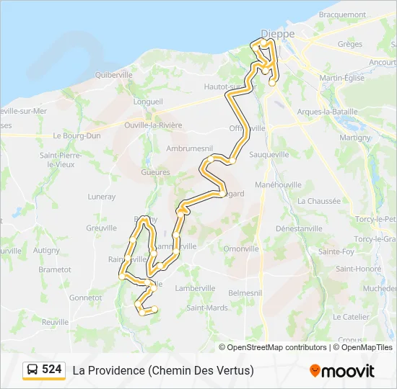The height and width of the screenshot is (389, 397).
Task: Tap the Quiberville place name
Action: (113, 74)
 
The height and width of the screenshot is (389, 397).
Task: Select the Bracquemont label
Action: (342, 14)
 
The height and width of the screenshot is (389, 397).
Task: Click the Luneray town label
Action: (101, 196)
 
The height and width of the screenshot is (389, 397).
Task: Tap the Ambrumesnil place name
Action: (187, 147)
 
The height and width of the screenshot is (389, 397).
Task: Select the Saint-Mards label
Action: (207, 308)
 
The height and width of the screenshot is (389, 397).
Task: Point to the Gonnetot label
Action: (85, 297)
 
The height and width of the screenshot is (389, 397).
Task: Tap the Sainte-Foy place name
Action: (336, 251)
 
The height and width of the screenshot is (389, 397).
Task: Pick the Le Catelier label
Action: (352, 316)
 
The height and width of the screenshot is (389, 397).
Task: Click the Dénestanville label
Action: (299, 228)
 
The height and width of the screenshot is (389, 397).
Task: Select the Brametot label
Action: (56, 269)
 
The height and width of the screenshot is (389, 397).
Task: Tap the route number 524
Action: (52, 370)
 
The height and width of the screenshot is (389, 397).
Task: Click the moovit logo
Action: (342, 371)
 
